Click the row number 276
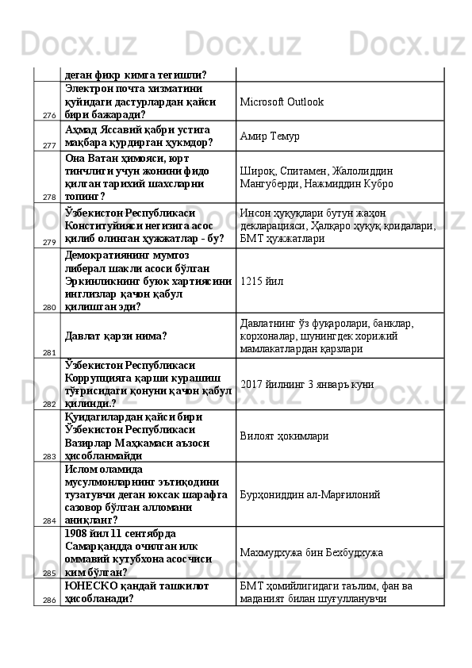(49, 116)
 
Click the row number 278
(49, 198)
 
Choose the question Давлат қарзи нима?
(117, 336)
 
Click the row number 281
(49, 352)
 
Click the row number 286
(49, 601)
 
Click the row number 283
(49, 456)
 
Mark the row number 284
(49, 520)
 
